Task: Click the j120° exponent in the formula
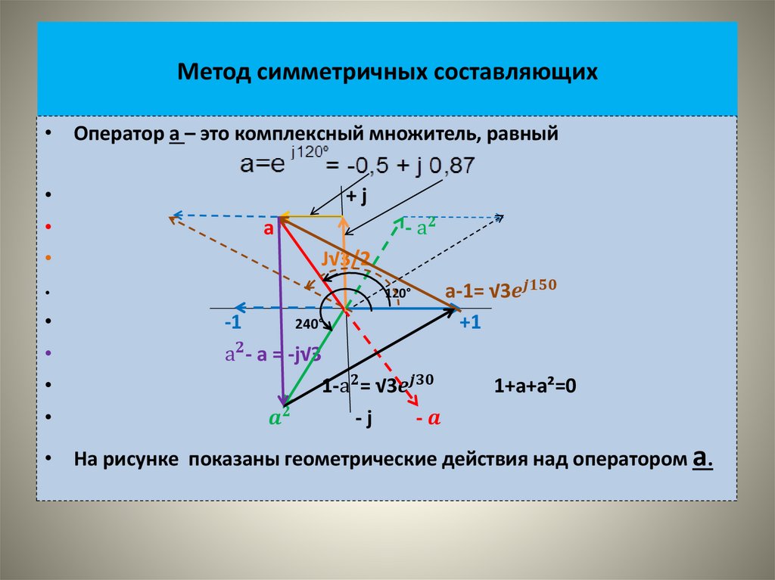coord(305,152)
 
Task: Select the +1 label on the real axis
coord(470,323)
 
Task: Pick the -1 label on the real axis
coord(232,323)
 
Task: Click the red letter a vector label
coord(267,228)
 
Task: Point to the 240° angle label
coord(309,324)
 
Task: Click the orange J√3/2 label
coord(345,259)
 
